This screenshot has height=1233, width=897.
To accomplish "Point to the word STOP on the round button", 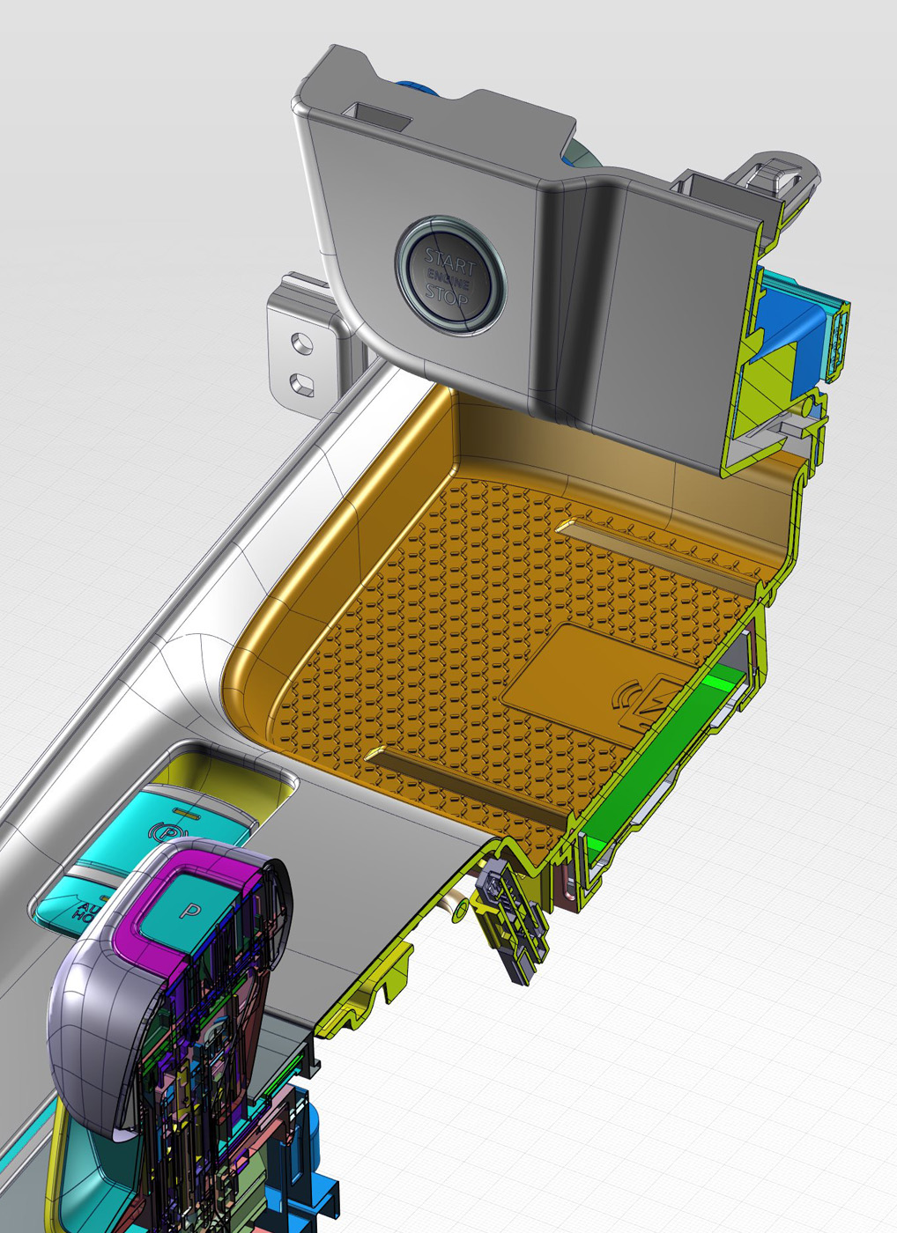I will [447, 294].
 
